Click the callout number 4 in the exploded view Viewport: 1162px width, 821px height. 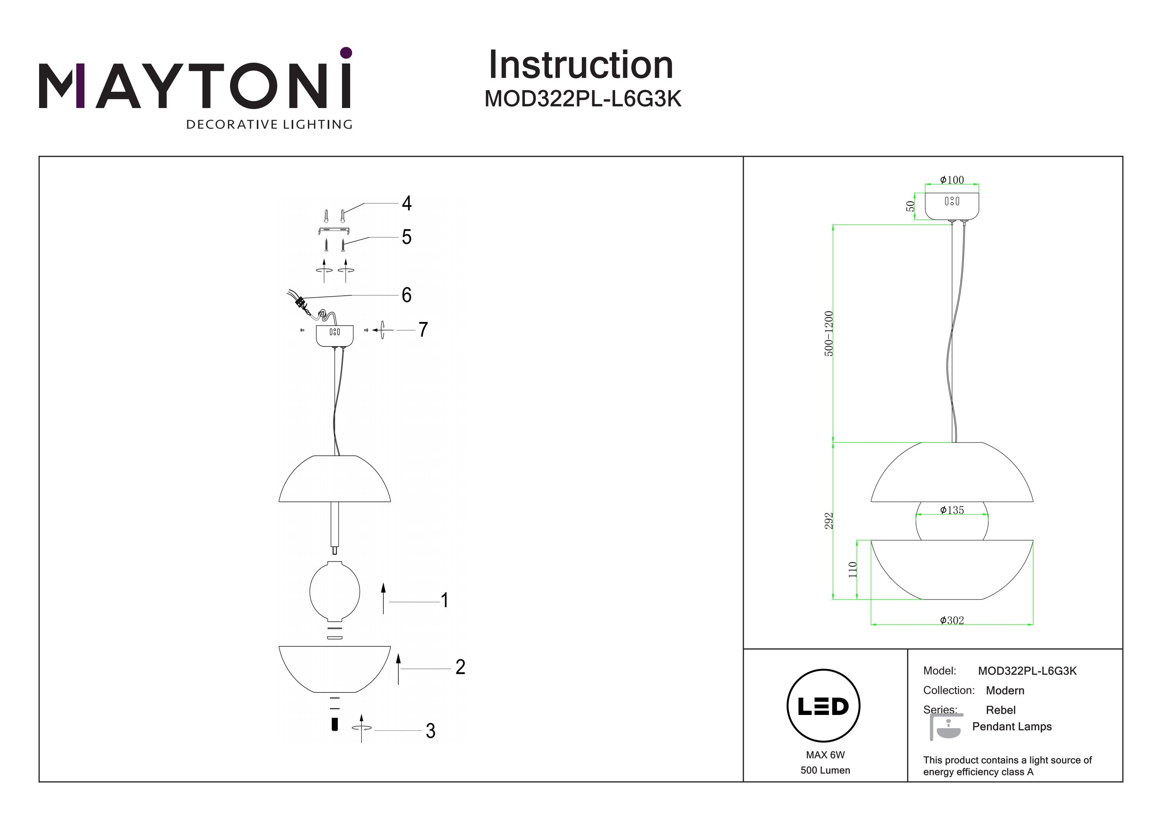click(406, 203)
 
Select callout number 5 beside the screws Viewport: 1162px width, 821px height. click(406, 237)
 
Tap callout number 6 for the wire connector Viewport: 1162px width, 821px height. click(406, 295)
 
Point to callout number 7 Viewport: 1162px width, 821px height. click(423, 330)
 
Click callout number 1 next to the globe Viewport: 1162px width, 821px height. click(444, 600)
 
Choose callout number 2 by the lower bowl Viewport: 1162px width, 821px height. click(460, 667)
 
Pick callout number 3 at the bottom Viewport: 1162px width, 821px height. click(430, 731)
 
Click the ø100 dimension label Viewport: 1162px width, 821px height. click(952, 180)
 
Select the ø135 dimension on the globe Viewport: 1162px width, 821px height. click(952, 511)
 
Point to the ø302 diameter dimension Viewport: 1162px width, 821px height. click(952, 620)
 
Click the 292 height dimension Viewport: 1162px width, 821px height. click(829, 521)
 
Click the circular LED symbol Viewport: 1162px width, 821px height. click(823, 706)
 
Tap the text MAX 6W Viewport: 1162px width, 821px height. click(825, 755)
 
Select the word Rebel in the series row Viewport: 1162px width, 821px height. click(1000, 710)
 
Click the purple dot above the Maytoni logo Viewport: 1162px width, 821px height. click(346, 53)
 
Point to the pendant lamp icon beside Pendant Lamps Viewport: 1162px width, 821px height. click(945, 727)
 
